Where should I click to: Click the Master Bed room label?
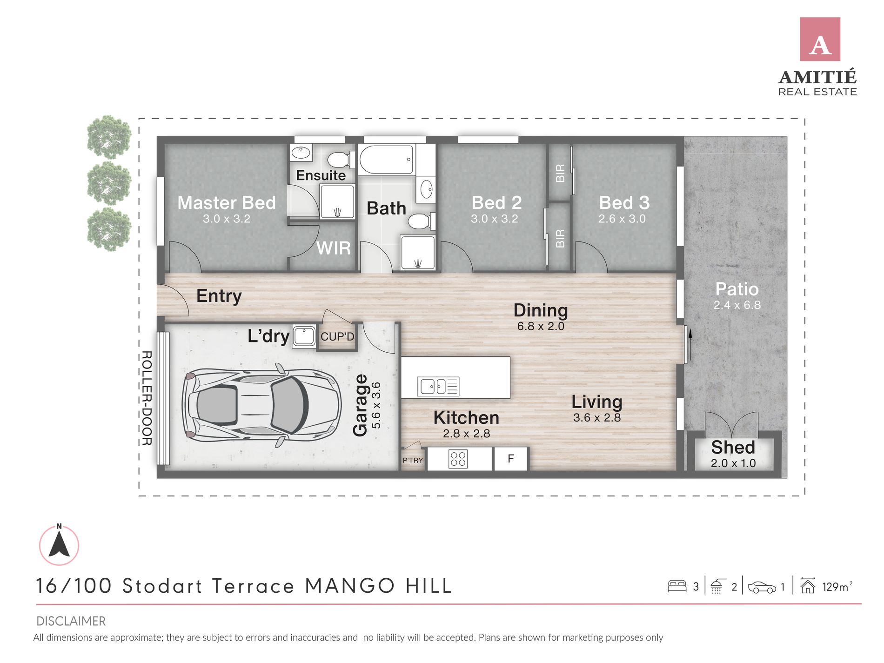(227, 203)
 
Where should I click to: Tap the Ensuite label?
(321, 175)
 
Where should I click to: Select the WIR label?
(334, 248)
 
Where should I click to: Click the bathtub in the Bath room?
(386, 160)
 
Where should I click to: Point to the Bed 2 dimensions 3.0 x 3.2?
(494, 219)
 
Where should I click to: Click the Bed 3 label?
(624, 203)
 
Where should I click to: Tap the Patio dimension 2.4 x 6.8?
(737, 305)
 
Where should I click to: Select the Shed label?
(733, 447)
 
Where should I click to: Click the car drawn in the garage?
(262, 405)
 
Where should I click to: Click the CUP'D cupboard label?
(337, 336)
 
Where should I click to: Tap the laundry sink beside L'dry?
(304, 336)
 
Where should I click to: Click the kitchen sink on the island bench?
(438, 386)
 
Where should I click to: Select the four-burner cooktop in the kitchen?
(458, 459)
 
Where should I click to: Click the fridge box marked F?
(511, 459)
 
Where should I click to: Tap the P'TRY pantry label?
(413, 460)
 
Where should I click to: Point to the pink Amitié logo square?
(820, 39)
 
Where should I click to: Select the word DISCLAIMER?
(71, 621)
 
